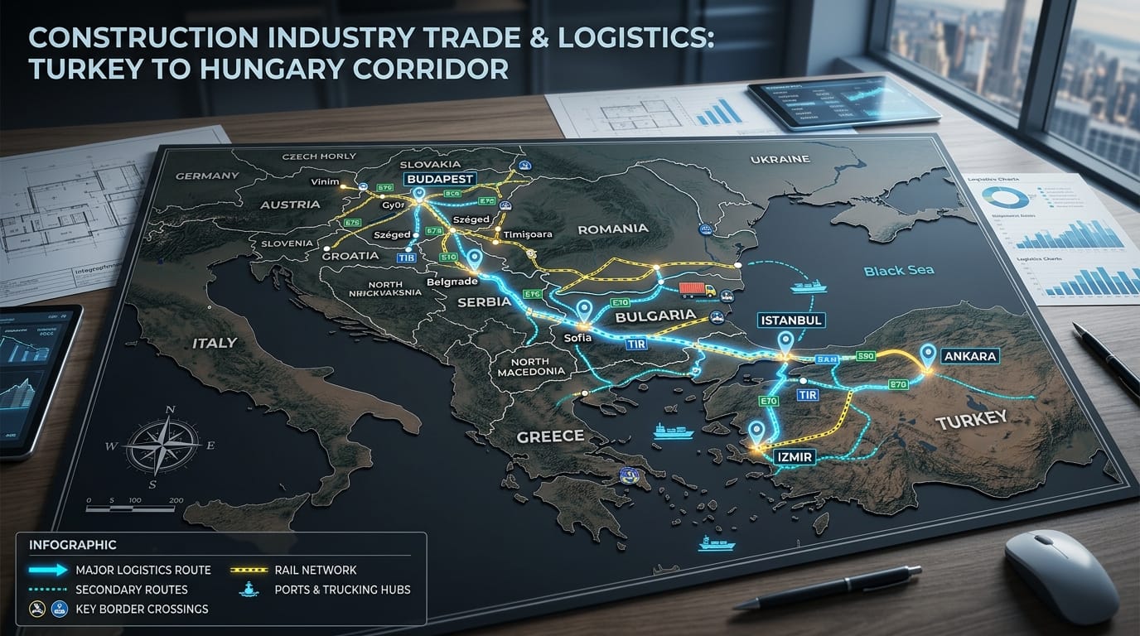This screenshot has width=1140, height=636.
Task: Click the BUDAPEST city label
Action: pos(438,179)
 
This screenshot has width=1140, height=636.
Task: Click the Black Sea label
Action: pos(898,271)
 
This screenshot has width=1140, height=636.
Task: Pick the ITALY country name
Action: pos(214,343)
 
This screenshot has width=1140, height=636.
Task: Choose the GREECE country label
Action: pos(549,436)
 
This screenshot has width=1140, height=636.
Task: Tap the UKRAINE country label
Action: pos(779,159)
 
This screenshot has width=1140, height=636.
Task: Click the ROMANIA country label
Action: pos(612,229)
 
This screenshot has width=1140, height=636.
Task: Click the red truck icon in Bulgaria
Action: pos(696,290)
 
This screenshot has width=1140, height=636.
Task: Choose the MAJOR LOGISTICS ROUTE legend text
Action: pos(142,570)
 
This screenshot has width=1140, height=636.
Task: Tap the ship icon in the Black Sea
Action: pos(808,287)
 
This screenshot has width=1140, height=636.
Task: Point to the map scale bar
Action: pos(133,500)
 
